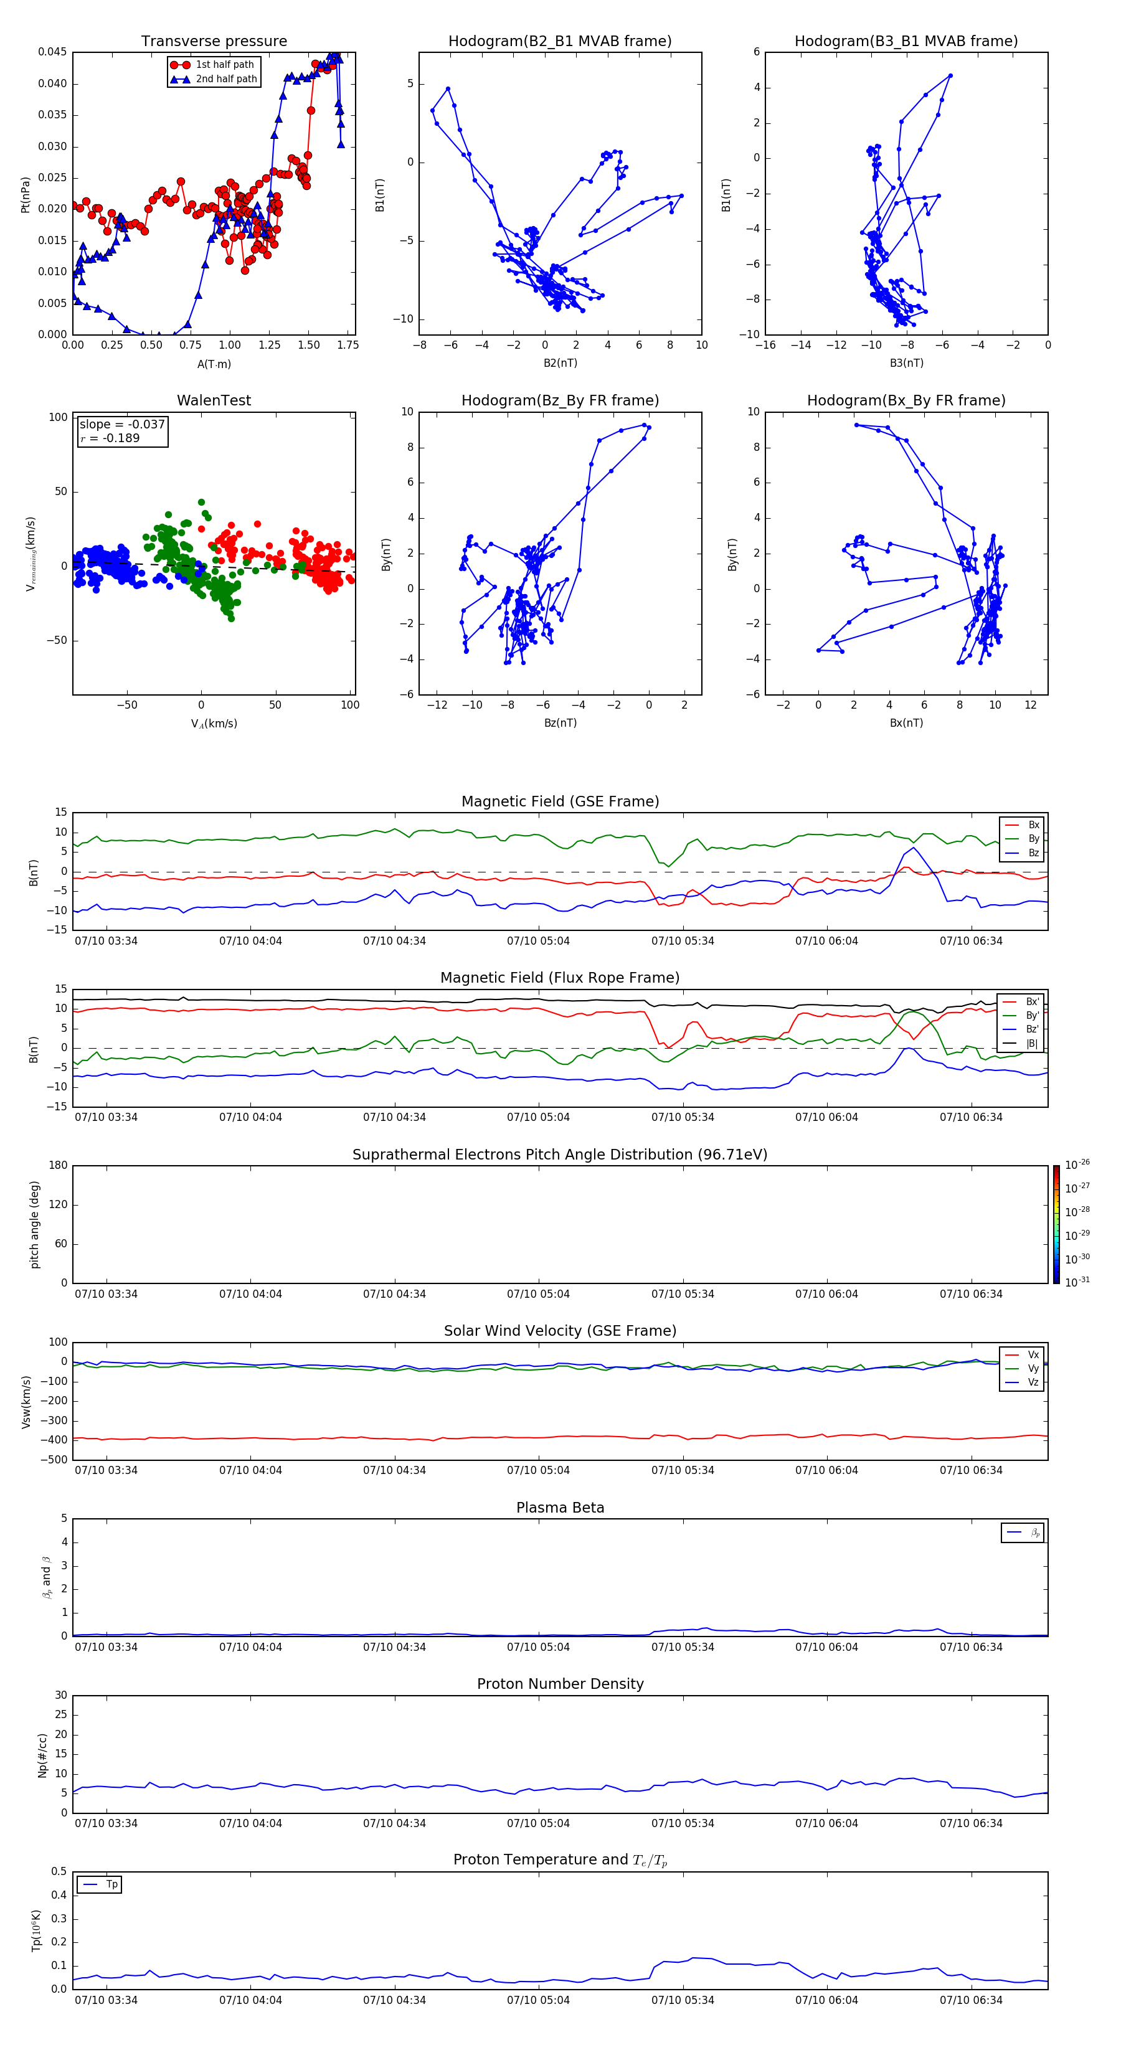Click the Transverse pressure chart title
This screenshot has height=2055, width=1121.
point(214,42)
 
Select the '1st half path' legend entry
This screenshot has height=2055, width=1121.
point(224,65)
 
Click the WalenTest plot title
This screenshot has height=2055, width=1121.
point(214,400)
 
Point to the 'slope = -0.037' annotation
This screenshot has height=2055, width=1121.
point(122,425)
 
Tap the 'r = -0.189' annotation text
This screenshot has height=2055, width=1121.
point(110,438)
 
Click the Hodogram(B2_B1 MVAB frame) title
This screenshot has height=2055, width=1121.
point(559,42)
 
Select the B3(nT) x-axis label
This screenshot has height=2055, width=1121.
point(906,363)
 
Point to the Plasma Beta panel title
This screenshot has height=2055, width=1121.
point(560,1508)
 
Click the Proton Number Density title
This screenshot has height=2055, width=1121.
point(560,1684)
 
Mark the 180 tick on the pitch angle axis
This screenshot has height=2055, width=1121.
point(59,1166)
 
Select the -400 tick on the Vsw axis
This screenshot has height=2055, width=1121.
point(57,1440)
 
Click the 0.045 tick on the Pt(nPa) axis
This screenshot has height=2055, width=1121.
point(53,53)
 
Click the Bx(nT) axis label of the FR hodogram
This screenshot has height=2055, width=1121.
point(906,723)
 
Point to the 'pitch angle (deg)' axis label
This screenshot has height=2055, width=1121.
point(34,1224)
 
